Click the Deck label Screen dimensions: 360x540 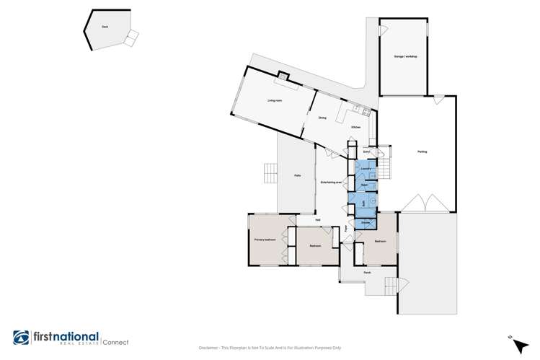(x=105, y=27)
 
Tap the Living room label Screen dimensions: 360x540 (x=275, y=101)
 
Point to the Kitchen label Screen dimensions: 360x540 (x=355, y=127)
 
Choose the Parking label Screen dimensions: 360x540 (x=422, y=152)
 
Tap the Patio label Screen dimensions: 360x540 (x=297, y=175)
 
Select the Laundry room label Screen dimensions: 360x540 (x=366, y=168)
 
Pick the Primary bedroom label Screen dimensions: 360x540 (x=265, y=239)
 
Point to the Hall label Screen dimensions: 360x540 (x=317, y=220)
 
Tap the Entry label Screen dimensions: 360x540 (x=366, y=152)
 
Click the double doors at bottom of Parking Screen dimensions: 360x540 (x=428, y=203)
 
